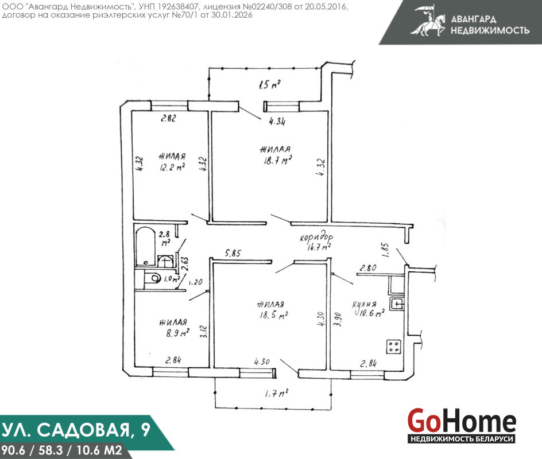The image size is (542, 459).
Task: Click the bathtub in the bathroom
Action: point(145,246)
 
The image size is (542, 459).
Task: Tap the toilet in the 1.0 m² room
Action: point(153,278)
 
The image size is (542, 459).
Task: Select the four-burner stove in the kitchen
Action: point(394,347)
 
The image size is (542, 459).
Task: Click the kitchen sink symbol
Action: point(397,304)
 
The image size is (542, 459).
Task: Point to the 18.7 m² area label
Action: point(277,161)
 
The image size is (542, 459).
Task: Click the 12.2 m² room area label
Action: point(172,168)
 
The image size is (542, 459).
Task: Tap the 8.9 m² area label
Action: point(177,333)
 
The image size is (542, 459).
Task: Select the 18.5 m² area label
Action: point(274,314)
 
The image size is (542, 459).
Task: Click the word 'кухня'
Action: point(365,304)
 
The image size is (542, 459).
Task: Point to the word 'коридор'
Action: point(316,238)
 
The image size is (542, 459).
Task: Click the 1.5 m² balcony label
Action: point(269,84)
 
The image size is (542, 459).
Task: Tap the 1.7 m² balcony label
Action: point(277,393)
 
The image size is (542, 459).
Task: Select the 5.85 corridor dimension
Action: point(233,253)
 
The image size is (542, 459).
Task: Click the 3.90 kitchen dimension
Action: point(338,320)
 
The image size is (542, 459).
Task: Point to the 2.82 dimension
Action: point(168,118)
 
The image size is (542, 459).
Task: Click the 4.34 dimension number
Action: point(277,121)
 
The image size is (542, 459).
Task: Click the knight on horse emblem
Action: point(428,21)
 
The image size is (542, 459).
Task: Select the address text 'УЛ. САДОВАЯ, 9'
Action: point(76,430)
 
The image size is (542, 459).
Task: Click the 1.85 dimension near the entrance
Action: point(386,250)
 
